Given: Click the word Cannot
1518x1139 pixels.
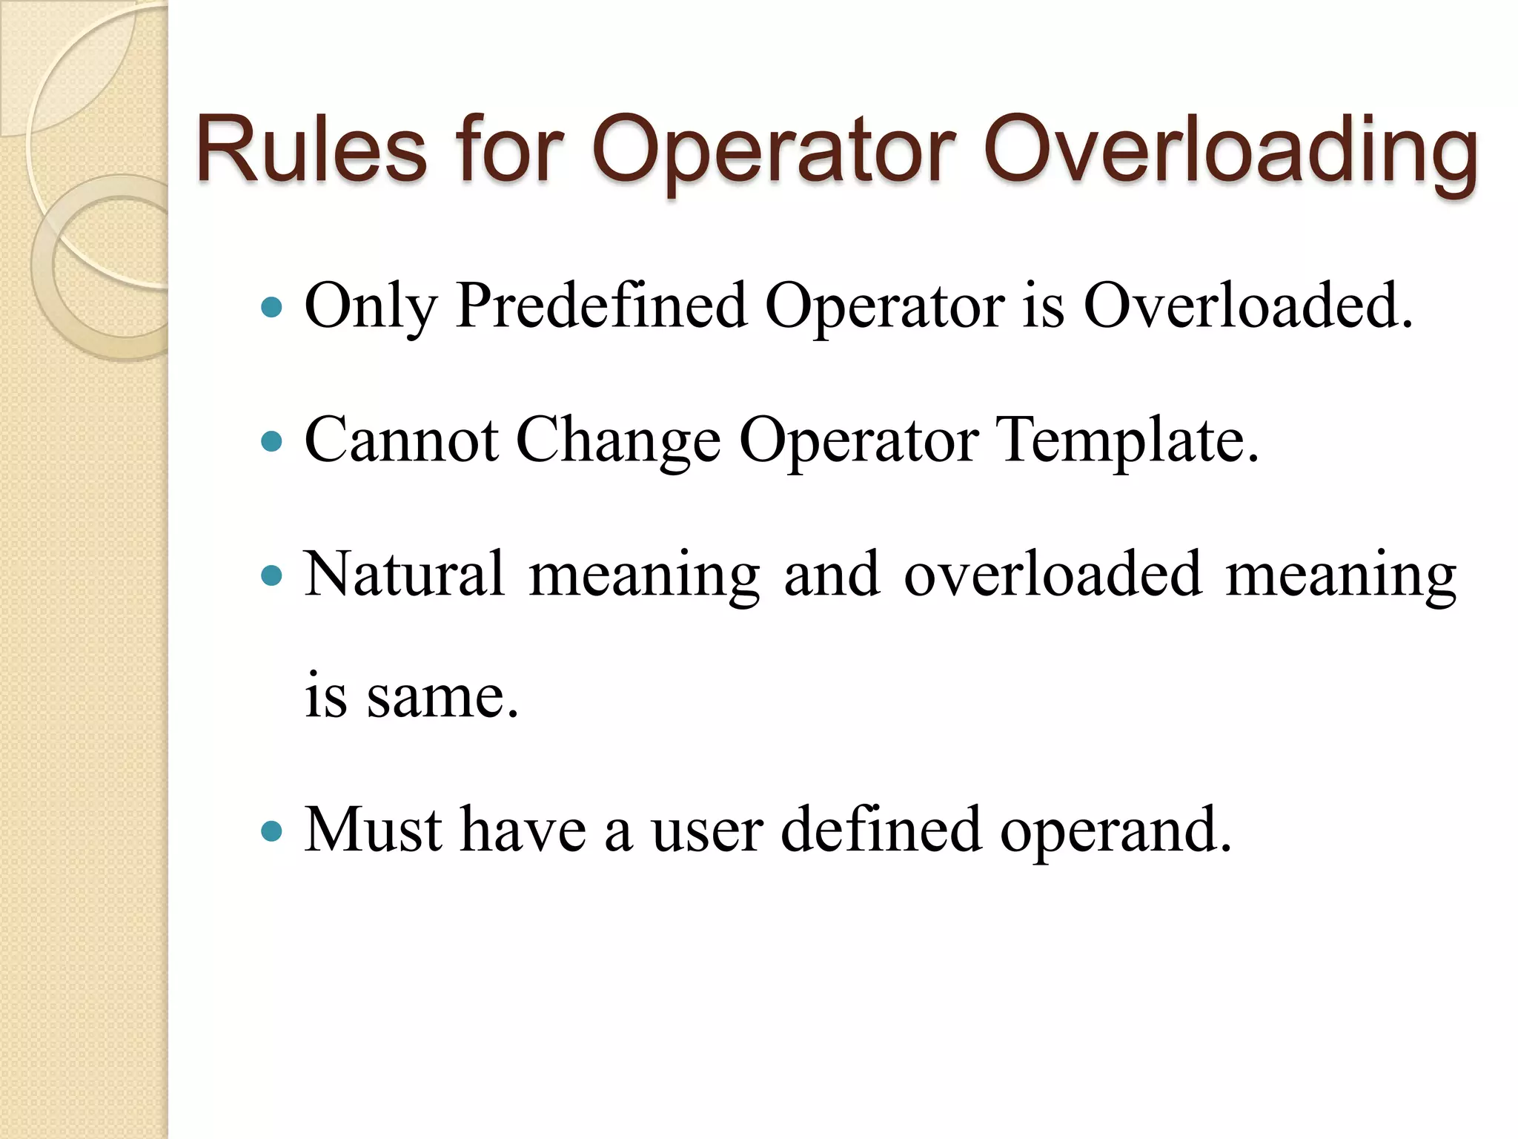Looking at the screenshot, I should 401,440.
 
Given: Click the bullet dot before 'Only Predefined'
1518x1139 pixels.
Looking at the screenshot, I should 273,307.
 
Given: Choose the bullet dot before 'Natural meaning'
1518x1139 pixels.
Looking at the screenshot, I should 273,575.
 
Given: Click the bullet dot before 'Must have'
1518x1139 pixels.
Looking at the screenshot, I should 273,831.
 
